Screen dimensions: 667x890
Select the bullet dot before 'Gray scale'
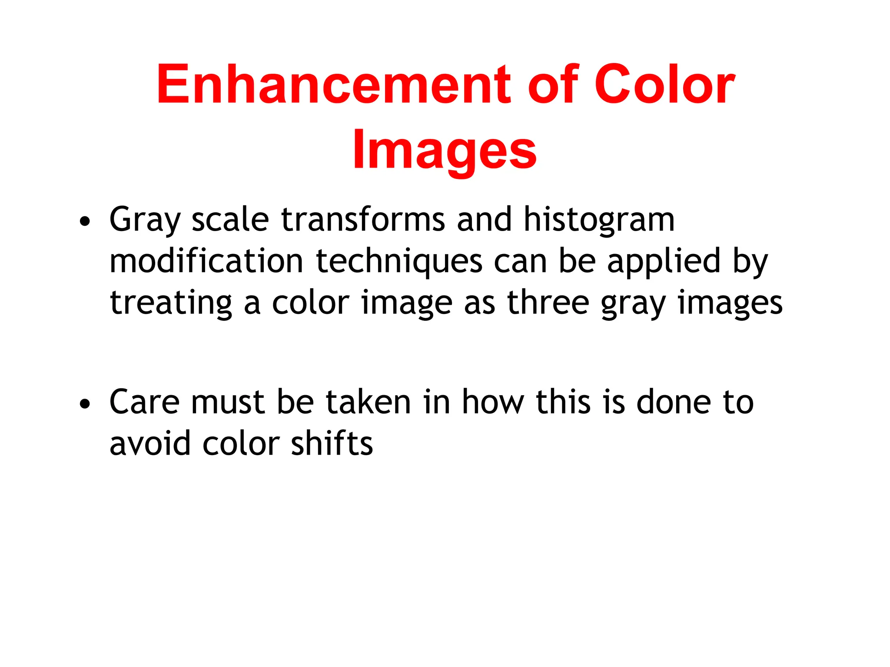point(85,221)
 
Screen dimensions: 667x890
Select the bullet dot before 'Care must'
point(85,404)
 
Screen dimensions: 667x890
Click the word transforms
point(363,219)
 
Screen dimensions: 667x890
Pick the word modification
point(206,261)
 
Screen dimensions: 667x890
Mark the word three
point(548,303)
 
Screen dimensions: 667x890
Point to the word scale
point(230,219)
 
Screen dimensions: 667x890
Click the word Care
point(144,402)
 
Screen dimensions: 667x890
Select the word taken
point(368,402)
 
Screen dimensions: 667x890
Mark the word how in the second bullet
point(493,402)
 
